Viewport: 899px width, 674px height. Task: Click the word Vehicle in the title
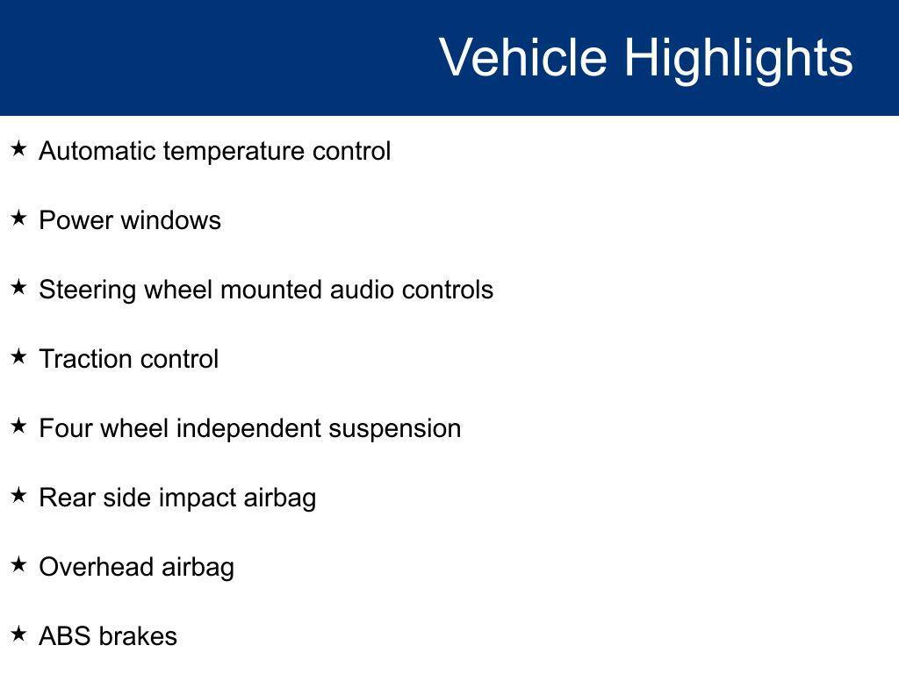click(523, 57)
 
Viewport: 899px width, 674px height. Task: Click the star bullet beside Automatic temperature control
click(19, 149)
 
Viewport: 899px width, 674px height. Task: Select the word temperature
click(234, 152)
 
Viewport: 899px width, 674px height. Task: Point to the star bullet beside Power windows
click(19, 218)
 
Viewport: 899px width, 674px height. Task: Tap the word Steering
click(87, 290)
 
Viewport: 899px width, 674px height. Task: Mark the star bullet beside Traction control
click(19, 356)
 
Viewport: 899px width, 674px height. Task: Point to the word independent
click(248, 429)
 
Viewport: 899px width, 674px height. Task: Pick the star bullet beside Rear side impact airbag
click(19, 495)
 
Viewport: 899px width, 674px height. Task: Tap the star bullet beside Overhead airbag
click(19, 564)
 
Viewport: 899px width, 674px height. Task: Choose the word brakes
click(138, 636)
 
